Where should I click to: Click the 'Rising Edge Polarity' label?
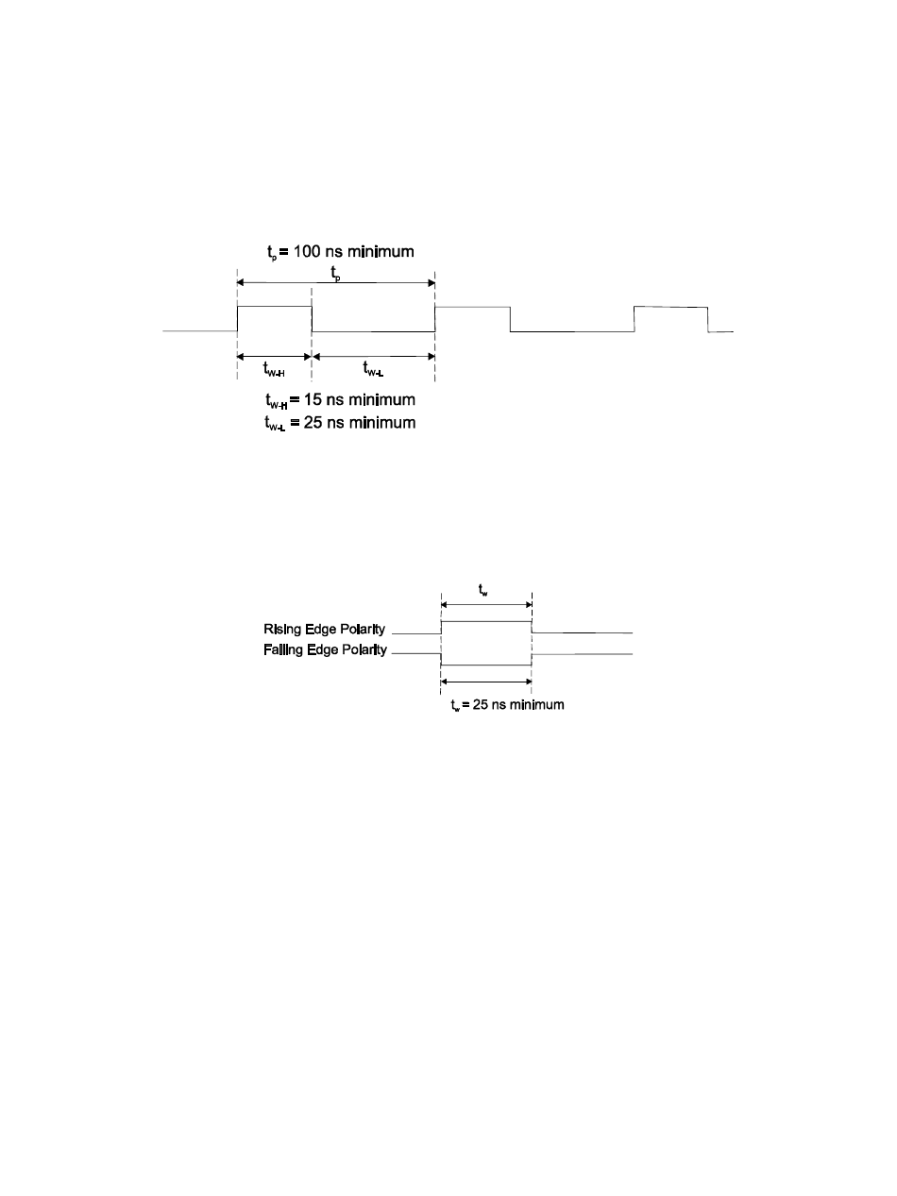324,629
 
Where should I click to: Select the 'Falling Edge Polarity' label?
324,650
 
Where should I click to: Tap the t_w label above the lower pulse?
486,591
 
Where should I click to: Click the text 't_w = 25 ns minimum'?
508,705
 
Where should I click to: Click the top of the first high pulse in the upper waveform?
274,307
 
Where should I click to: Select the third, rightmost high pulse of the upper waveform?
670,308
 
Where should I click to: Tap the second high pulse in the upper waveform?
472,308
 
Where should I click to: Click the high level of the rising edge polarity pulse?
486,621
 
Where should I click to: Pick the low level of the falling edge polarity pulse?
486,665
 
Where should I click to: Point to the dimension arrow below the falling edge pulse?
486,682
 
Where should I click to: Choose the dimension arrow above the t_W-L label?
373,356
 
